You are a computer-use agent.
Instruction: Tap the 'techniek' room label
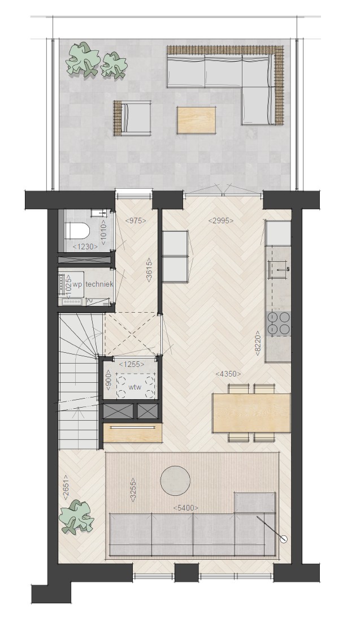tap(99, 284)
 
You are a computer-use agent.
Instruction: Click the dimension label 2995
tap(220, 221)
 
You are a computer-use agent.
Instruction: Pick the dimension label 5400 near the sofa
tap(185, 508)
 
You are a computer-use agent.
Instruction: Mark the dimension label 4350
tap(228, 374)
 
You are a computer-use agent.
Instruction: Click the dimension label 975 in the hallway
tap(136, 221)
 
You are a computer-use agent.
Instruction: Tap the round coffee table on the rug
tap(175, 481)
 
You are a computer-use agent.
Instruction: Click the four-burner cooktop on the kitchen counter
tap(279, 324)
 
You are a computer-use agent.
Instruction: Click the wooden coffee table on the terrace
tap(196, 120)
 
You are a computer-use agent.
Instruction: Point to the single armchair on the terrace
tap(132, 118)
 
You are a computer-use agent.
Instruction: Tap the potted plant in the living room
tap(77, 517)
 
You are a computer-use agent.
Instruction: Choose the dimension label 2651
tap(65, 487)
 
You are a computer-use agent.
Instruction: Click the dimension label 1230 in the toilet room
tap(85, 247)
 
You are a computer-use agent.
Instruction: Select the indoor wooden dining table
tap(251, 413)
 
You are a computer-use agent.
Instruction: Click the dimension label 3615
tap(149, 270)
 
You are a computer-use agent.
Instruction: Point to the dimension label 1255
tap(131, 365)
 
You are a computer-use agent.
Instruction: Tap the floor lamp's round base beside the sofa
tap(283, 539)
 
